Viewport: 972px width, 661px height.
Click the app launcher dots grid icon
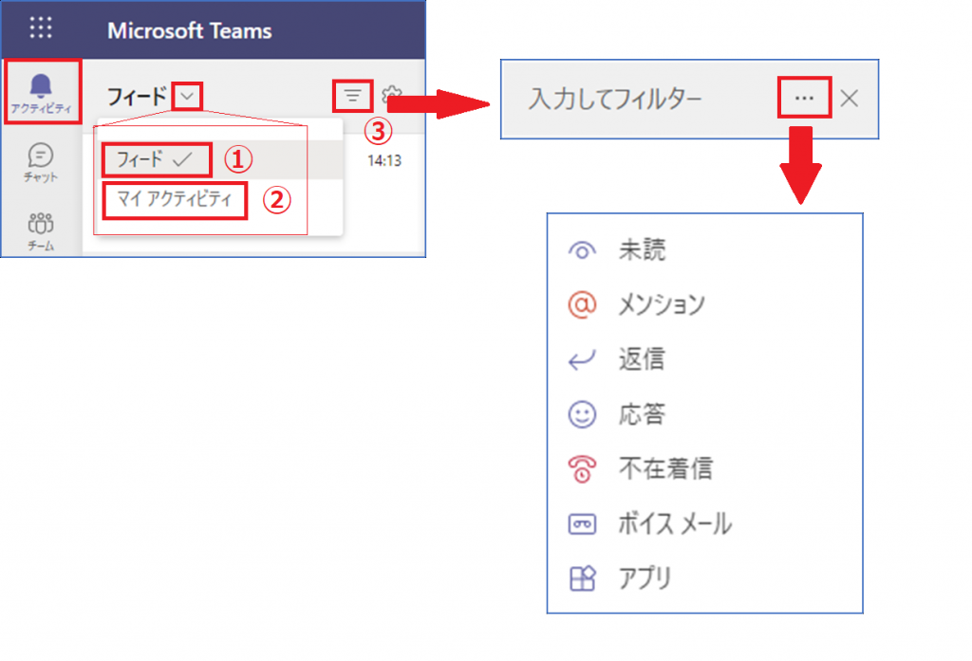pyautogui.click(x=41, y=28)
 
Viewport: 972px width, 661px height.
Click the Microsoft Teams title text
pyautogui.click(x=190, y=31)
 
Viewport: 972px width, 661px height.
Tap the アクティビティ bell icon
pyautogui.click(x=41, y=86)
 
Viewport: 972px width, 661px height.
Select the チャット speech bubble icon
pyautogui.click(x=41, y=155)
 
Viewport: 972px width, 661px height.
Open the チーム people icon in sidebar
pyautogui.click(x=41, y=223)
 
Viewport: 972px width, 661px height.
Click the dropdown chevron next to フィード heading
pyautogui.click(x=187, y=97)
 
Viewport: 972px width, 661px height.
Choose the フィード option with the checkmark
pyautogui.click(x=156, y=160)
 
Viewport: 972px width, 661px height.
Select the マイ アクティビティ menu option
pyautogui.click(x=175, y=199)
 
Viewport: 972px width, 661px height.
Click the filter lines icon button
pyautogui.click(x=353, y=96)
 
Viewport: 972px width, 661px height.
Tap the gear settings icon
pyautogui.click(x=392, y=95)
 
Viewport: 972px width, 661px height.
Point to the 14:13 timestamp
pyautogui.click(x=384, y=161)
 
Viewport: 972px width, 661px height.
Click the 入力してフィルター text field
pyautogui.click(x=615, y=100)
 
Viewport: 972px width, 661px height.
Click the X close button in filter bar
pyautogui.click(x=850, y=98)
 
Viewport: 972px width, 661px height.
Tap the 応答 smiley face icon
pyautogui.click(x=582, y=414)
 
